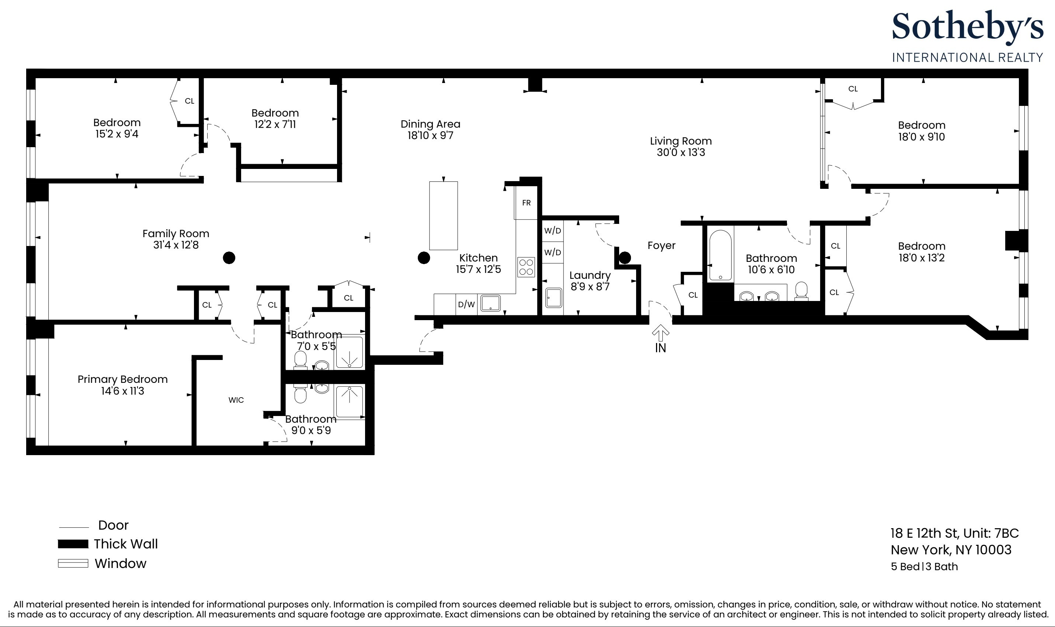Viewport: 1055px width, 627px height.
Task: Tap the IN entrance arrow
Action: pos(660,333)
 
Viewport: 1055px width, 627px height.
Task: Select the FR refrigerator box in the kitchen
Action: pos(526,203)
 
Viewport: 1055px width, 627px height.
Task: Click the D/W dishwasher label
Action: pos(466,304)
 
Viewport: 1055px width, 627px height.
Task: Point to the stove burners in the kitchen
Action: pos(526,267)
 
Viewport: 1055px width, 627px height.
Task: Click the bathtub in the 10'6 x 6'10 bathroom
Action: pos(720,256)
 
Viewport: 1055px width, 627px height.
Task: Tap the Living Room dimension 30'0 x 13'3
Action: pos(681,153)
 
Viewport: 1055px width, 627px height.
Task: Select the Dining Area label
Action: pos(430,124)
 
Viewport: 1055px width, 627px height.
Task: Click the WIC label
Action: pos(236,400)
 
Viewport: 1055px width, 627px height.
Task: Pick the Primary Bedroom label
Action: pos(122,380)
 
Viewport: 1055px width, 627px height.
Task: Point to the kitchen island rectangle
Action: pos(444,215)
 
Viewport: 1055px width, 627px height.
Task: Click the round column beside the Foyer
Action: pos(625,257)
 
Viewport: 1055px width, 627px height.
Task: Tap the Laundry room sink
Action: pos(554,298)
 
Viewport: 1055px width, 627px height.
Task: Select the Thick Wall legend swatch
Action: pos(73,544)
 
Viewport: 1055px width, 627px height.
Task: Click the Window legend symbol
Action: pos(73,563)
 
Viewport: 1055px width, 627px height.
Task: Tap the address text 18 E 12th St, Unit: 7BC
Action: pos(954,533)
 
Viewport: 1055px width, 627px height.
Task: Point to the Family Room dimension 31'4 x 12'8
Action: pos(176,245)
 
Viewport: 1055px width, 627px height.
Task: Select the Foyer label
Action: pos(662,246)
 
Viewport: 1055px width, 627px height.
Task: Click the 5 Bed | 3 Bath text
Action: pos(924,567)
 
